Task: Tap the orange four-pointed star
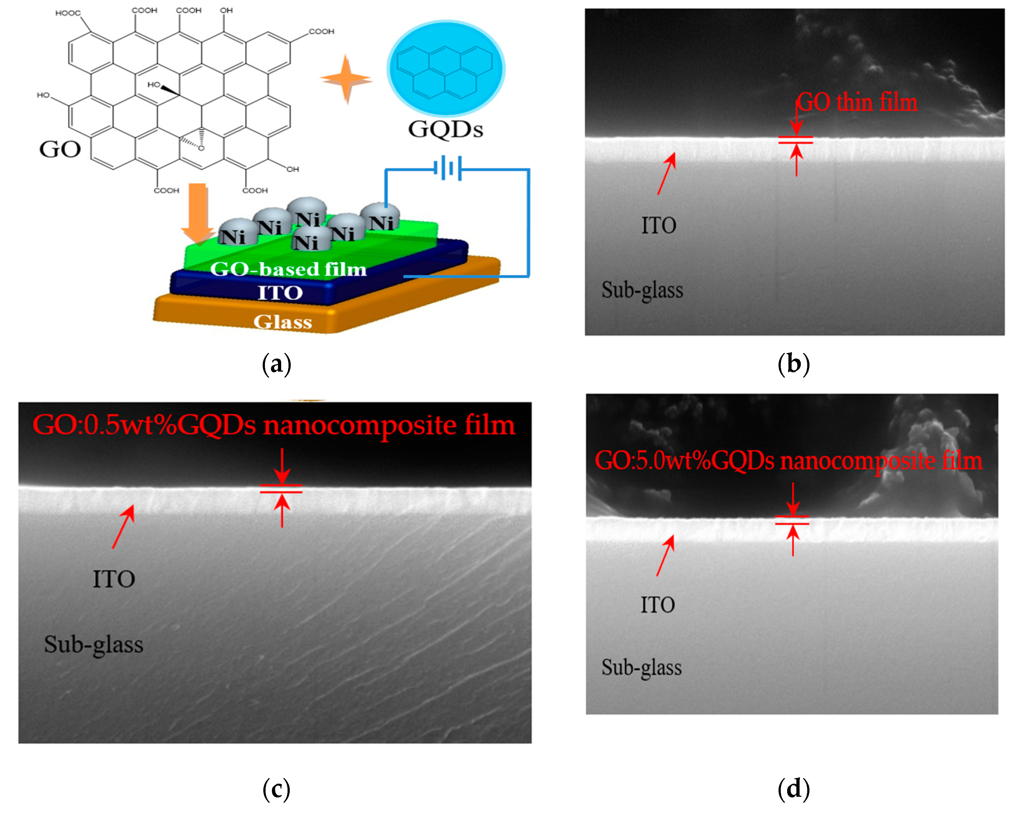pos(346,79)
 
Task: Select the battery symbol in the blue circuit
pos(447,168)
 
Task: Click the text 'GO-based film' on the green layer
pos(288,269)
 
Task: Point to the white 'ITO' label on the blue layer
pos(280,293)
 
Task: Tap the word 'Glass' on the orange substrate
pos(282,322)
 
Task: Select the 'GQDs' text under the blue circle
pos(445,129)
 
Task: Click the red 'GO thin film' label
pos(857,103)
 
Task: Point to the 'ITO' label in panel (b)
pos(658,225)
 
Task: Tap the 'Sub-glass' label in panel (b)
pos(642,290)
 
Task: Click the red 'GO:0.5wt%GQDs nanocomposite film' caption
pos(274,425)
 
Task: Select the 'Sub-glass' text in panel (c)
pos(94,645)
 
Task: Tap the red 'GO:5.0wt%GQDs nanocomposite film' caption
pos(788,460)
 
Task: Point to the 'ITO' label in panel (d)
pos(657,605)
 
